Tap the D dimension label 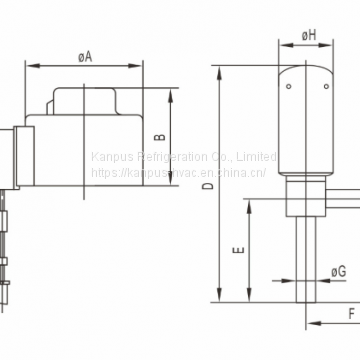pyautogui.click(x=208, y=186)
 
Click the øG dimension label pyautogui.click(x=340, y=270)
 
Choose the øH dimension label pyautogui.click(x=310, y=35)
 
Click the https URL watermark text pyautogui.click(x=180, y=173)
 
